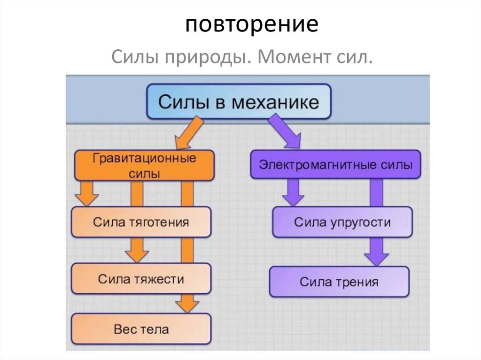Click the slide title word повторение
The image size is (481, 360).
tap(251, 24)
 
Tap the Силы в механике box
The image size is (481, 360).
tap(239, 102)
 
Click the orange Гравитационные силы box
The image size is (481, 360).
tap(144, 166)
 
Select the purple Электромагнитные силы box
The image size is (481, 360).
tap(335, 165)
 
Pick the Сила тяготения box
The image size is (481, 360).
tap(141, 222)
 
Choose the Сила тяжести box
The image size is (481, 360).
tap(141, 279)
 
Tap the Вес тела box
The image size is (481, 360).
tap(141, 329)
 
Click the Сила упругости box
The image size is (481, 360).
tap(342, 222)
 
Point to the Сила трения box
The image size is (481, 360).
tap(339, 282)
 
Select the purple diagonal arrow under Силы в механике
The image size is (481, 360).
tap(287, 134)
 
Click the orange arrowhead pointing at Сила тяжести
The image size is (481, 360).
tap(137, 255)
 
